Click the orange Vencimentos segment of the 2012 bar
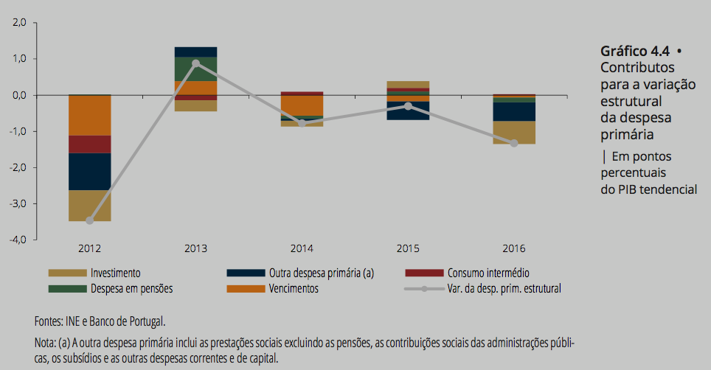[x=89, y=115]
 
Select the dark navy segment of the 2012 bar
[x=89, y=171]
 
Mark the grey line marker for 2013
[x=195, y=63]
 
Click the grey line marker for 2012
[x=89, y=220]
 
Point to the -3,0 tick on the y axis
[x=16, y=203]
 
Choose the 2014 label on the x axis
[x=302, y=249]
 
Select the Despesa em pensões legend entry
[x=131, y=289]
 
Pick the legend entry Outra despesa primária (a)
[x=321, y=273]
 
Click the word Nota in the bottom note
[x=46, y=343]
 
